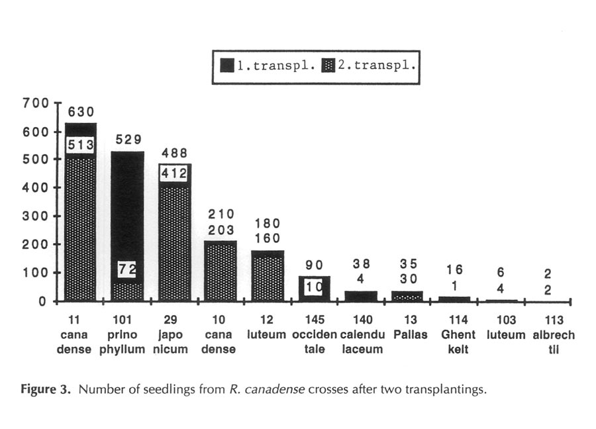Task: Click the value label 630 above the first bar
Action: [x=81, y=113]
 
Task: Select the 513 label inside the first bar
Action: [x=81, y=145]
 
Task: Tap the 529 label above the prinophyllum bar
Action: [x=127, y=140]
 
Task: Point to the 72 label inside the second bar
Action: [x=127, y=269]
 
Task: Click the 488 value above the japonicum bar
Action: [x=174, y=153]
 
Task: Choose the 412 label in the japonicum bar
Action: [x=174, y=173]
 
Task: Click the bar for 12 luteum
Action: [x=268, y=277]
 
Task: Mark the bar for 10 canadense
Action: [x=221, y=271]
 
